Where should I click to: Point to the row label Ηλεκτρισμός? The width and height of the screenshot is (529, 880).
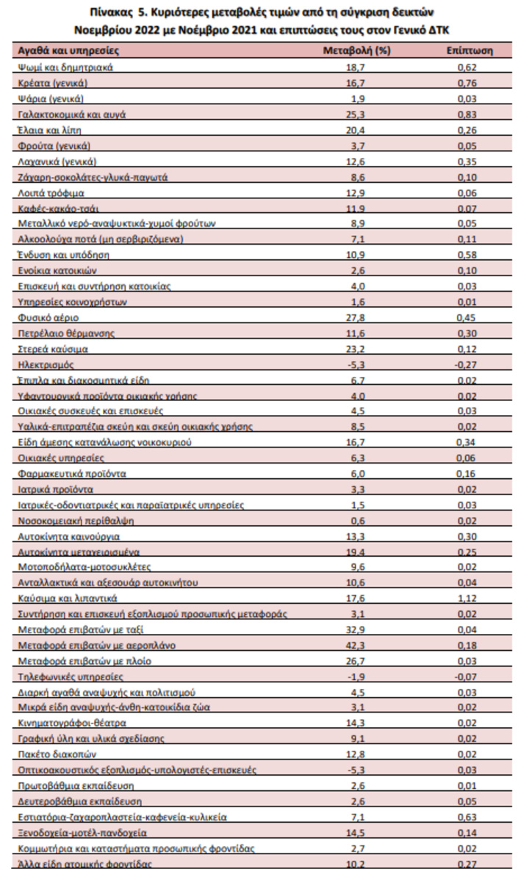point(46,364)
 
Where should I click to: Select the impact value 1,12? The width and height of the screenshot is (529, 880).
point(467,599)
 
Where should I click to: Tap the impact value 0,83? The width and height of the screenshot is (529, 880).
point(467,114)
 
